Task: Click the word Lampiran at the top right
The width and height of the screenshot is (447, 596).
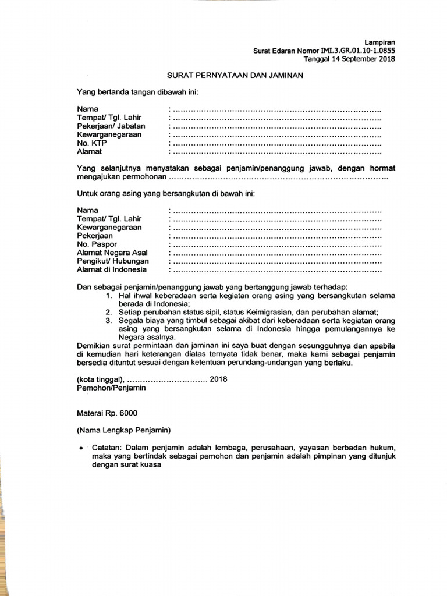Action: (380, 42)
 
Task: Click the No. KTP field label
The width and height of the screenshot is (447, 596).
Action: (92, 143)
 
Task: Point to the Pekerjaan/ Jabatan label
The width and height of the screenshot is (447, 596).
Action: (111, 126)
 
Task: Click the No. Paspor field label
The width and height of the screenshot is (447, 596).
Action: (97, 244)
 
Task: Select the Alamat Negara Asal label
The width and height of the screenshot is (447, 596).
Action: (112, 253)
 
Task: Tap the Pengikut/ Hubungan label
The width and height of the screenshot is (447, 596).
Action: (113, 261)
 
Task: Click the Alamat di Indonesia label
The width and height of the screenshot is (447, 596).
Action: (112, 269)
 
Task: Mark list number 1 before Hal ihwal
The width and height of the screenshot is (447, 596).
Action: (108, 296)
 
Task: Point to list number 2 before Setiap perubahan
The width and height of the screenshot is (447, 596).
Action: (108, 312)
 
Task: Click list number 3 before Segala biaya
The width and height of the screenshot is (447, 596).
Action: (108, 321)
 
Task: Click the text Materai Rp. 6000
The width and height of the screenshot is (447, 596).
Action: (107, 413)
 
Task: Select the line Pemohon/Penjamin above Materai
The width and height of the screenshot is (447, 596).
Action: (111, 388)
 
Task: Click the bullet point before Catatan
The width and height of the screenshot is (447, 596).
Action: (81, 449)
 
